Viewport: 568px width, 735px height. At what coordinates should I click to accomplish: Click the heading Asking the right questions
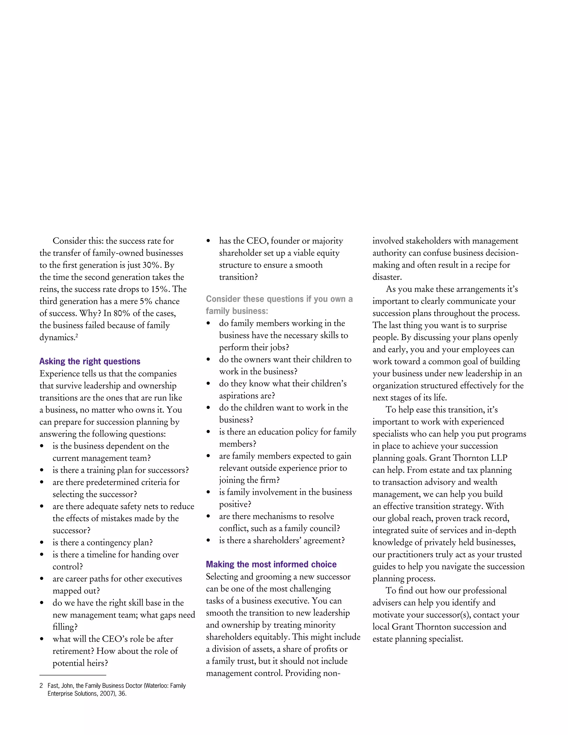click(90, 361)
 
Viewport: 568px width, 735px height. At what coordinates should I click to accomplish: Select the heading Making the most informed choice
click(271, 564)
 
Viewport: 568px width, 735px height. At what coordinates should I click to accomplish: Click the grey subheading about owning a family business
click(279, 305)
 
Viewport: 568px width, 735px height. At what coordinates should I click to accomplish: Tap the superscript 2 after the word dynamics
click(77, 336)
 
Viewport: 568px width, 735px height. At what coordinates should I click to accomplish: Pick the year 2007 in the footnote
click(107, 694)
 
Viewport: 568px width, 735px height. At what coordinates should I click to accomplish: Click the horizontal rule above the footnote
click(73, 675)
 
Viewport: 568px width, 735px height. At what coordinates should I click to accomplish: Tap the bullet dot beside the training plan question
click(42, 470)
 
